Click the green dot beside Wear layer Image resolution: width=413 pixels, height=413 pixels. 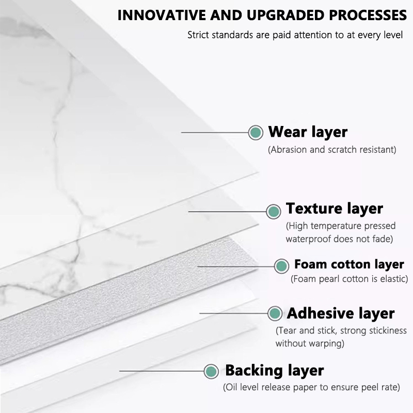[256, 132]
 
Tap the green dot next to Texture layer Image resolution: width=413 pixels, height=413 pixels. [274, 211]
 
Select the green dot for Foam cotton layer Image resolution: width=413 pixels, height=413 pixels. [281, 266]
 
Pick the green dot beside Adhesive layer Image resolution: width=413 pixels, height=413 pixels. [275, 313]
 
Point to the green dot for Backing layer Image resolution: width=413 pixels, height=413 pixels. [211, 371]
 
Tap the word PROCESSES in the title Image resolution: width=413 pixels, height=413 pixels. [368, 15]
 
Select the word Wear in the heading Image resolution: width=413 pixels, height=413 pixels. [288, 132]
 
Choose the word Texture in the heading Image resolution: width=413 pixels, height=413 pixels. [314, 209]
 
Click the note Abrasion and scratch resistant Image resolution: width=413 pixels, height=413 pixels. [332, 150]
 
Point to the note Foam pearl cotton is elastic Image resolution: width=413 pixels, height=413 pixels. [350, 279]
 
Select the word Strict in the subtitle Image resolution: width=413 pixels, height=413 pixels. [198, 35]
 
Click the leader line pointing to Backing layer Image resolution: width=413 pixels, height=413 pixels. [162, 371]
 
